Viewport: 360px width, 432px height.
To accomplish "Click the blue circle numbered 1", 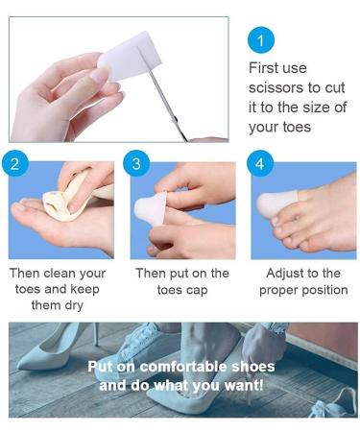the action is [261, 40].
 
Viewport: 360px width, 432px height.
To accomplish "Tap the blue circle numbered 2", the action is [15, 163].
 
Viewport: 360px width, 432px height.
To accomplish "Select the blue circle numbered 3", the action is [136, 163].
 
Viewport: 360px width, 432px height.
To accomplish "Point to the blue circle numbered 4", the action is [260, 163].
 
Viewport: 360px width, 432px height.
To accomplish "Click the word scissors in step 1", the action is [276, 87].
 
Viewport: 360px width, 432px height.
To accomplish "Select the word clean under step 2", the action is [60, 274].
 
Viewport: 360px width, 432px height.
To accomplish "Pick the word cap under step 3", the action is [198, 291].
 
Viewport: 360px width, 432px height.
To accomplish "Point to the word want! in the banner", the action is [244, 385].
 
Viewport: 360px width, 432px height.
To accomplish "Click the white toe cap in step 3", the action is [151, 208].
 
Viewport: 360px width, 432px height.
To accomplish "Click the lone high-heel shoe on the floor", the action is [58, 346].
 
